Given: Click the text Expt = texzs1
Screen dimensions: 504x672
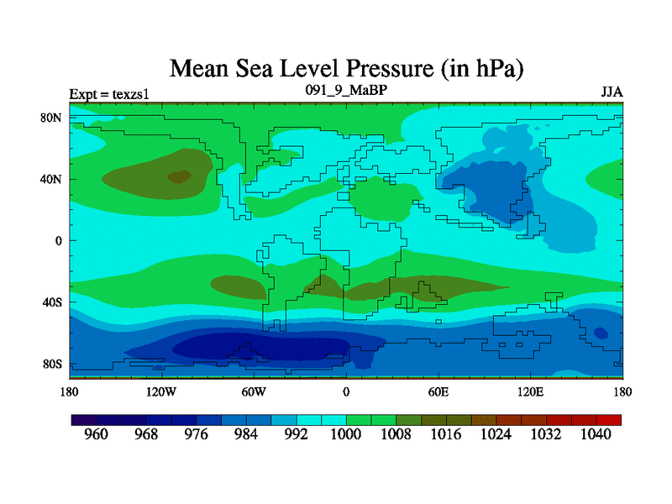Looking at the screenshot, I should [109, 92].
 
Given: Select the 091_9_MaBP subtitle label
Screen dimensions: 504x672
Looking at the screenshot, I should [345, 89].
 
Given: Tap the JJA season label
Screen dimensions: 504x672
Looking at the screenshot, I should [612, 92].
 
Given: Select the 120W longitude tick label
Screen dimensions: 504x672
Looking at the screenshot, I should [160, 391].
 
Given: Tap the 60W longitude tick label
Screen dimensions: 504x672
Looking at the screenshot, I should [254, 391].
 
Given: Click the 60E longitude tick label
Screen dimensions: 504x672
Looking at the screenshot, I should [438, 391].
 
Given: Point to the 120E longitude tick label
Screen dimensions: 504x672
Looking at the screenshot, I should [530, 391].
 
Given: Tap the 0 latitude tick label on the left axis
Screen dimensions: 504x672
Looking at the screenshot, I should [58, 240].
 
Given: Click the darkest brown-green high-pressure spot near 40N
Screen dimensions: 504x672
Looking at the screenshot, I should [179, 176].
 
